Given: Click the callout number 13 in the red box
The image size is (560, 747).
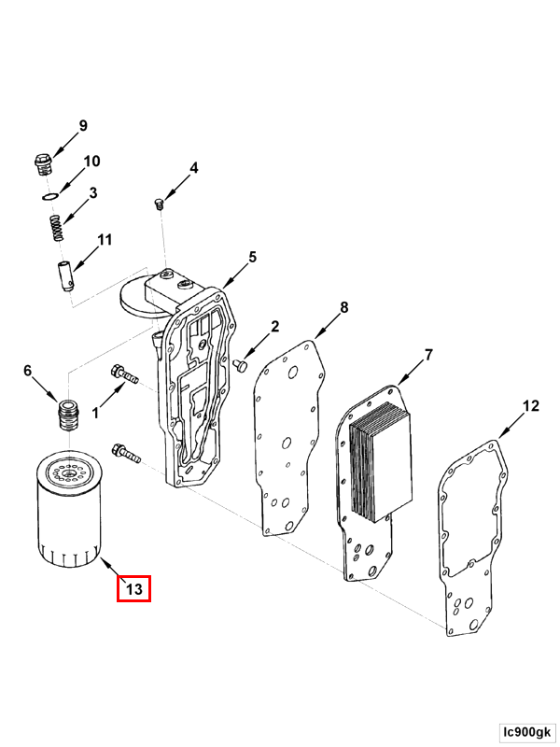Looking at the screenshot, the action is [133, 589].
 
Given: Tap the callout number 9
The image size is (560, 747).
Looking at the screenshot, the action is [83, 126].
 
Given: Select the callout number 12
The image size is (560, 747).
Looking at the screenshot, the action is [530, 406].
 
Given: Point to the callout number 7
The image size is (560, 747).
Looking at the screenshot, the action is [428, 355].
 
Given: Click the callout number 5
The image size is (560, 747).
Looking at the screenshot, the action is [252, 257].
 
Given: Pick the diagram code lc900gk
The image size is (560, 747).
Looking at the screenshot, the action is [526, 731].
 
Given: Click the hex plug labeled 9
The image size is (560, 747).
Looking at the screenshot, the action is [43, 164].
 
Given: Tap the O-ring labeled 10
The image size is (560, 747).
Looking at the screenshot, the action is [50, 196].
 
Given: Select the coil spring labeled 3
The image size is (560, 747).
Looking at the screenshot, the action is [57, 228].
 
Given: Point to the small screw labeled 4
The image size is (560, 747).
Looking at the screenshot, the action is [160, 204].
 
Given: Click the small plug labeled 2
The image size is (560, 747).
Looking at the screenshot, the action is [241, 365].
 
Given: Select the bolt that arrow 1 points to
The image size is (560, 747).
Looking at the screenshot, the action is [124, 374].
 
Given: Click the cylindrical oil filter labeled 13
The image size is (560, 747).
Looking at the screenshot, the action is [69, 509].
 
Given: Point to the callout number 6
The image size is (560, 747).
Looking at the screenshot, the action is [28, 371].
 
